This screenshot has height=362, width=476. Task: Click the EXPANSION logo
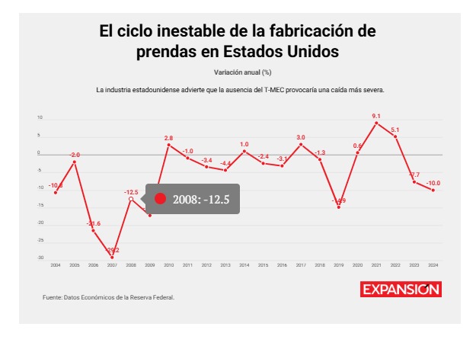click(401, 290)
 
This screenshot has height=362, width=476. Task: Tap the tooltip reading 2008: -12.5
click(193, 199)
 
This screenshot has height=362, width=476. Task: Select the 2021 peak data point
click(376, 123)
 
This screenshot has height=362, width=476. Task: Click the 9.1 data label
click(376, 116)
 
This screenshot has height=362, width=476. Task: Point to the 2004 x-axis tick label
click(56, 264)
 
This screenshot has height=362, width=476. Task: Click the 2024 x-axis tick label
click(433, 264)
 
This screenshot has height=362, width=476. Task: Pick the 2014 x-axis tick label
click(244, 264)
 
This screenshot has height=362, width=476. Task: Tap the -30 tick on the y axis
click(40, 258)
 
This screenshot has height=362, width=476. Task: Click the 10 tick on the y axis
click(40, 118)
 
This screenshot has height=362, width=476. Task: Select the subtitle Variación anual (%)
click(238, 72)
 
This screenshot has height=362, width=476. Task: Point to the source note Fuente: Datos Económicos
click(108, 297)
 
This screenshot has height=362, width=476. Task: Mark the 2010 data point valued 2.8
click(168, 145)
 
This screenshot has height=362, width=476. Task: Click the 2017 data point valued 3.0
click(301, 144)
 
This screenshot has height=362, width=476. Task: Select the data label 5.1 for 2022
click(395, 129)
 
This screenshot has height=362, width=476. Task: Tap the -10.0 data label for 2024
click(433, 183)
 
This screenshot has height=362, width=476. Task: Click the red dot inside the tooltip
click(160, 199)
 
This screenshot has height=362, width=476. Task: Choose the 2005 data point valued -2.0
click(75, 162)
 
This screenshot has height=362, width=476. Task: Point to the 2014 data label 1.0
click(244, 144)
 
